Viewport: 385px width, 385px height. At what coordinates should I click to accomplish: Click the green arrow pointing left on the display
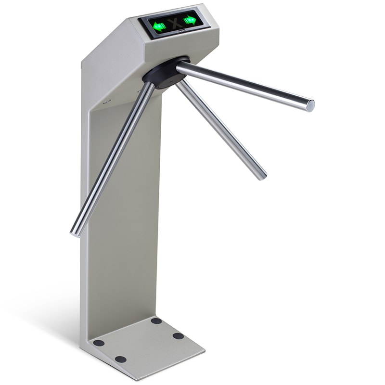[x=159, y=25]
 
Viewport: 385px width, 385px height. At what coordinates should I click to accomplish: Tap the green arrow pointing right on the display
[x=190, y=20]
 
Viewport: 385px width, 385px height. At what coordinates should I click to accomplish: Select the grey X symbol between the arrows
[x=175, y=22]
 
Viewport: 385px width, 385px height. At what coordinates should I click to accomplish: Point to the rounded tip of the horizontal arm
[x=310, y=105]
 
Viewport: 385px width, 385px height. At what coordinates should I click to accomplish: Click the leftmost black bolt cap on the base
[x=99, y=343]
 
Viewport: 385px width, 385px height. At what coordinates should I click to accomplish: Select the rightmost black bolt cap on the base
[x=179, y=335]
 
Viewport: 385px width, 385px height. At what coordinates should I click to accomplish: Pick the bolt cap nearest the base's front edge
[x=121, y=359]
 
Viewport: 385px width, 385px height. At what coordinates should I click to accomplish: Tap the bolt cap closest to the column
[x=156, y=321]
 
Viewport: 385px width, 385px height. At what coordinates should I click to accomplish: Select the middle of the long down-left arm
[x=113, y=159]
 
